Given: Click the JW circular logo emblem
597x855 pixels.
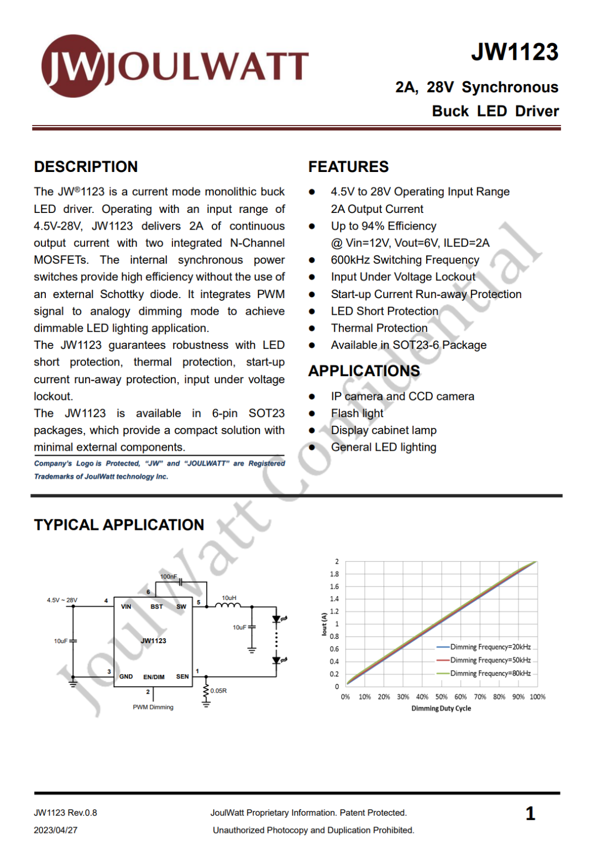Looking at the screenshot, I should pyautogui.click(x=72, y=66).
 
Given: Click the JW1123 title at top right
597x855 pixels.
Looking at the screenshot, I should pyautogui.click(x=515, y=52).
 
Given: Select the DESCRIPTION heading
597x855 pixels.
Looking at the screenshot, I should pyautogui.click(x=86, y=166).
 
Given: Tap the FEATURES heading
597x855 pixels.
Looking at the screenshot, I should pyautogui.click(x=348, y=166).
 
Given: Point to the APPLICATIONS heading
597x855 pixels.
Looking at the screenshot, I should pyautogui.click(x=364, y=371).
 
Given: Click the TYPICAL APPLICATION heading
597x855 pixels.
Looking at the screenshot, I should pyautogui.click(x=119, y=524).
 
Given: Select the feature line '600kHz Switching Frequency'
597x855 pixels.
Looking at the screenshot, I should pyautogui.click(x=405, y=260).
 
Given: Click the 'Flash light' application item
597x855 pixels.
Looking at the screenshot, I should pyautogui.click(x=357, y=413).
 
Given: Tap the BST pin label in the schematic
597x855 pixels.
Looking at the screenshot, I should pyautogui.click(x=156, y=607).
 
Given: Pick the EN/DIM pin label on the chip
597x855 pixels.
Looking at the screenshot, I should pyautogui.click(x=154, y=677).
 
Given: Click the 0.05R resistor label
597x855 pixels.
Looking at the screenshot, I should pyautogui.click(x=218, y=691).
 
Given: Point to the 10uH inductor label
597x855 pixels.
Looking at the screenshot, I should pyautogui.click(x=229, y=598).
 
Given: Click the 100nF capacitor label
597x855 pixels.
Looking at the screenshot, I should pyautogui.click(x=168, y=576).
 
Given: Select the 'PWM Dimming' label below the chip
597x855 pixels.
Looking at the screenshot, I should pyautogui.click(x=153, y=707).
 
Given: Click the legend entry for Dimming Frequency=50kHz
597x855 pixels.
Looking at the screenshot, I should pyautogui.click(x=490, y=660).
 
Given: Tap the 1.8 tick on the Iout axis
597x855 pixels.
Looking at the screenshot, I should pyautogui.click(x=334, y=574).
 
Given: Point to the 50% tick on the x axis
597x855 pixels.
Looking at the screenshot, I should pyautogui.click(x=441, y=697).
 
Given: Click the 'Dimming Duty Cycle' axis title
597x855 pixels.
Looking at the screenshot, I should pyautogui.click(x=441, y=708).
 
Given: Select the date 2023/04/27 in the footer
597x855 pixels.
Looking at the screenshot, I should pyautogui.click(x=55, y=830).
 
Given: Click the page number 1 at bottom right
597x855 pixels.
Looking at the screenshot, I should pyautogui.click(x=530, y=814).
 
